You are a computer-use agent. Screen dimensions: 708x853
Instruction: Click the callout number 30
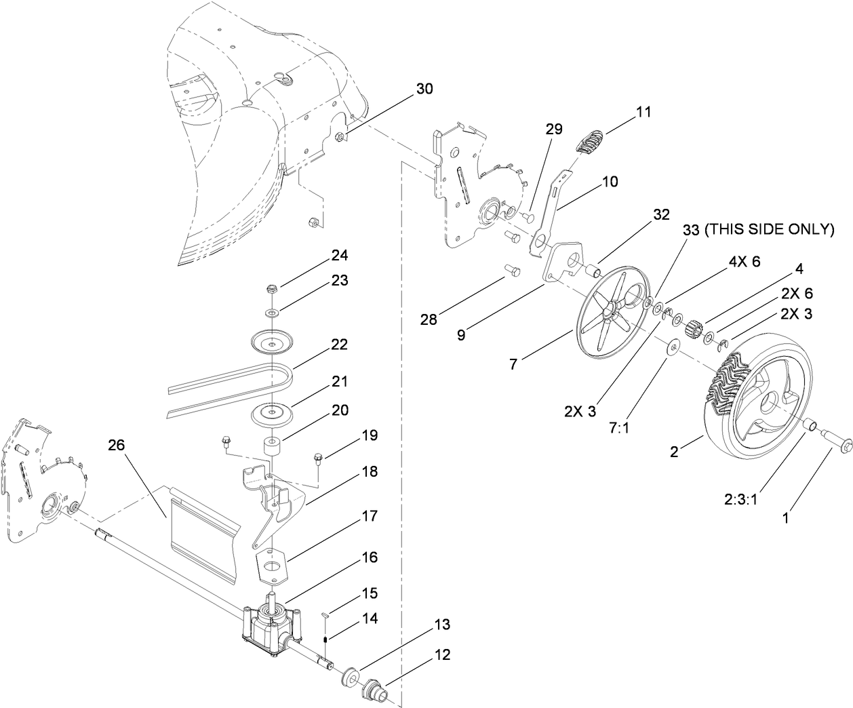(424, 89)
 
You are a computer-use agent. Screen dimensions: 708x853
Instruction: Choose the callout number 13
(441, 624)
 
